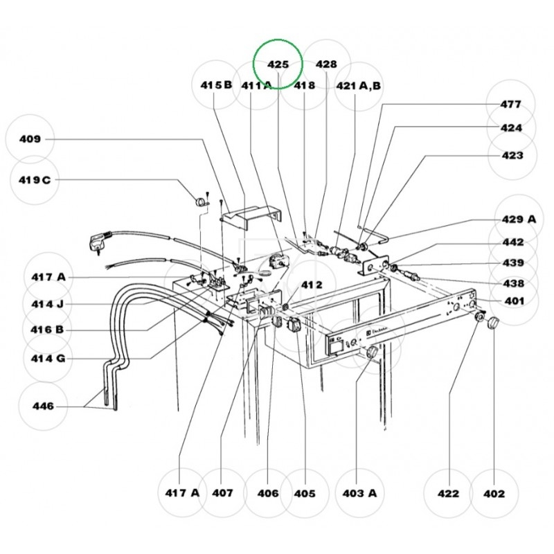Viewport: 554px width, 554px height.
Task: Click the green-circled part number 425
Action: coord(278,64)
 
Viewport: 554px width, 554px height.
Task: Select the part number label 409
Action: coord(30,139)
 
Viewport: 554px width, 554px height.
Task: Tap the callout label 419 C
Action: coord(35,180)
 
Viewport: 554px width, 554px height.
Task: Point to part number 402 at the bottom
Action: coord(494,494)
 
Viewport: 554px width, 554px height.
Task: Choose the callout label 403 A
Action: coord(360,494)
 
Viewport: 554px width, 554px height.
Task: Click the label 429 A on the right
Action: coord(519,219)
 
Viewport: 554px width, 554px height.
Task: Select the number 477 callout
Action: coord(511,105)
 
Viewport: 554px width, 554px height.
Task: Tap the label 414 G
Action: coord(48,359)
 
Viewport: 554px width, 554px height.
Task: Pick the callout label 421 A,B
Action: coord(359,85)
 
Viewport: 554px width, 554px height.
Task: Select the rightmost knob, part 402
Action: coord(493,323)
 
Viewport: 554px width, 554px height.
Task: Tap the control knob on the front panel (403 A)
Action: coord(373,353)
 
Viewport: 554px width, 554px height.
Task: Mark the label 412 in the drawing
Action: coord(312,285)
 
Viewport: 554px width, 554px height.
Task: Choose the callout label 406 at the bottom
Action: coord(268,494)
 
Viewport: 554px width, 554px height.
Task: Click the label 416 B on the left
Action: coord(48,330)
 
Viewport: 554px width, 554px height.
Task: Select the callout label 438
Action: coord(512,283)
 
